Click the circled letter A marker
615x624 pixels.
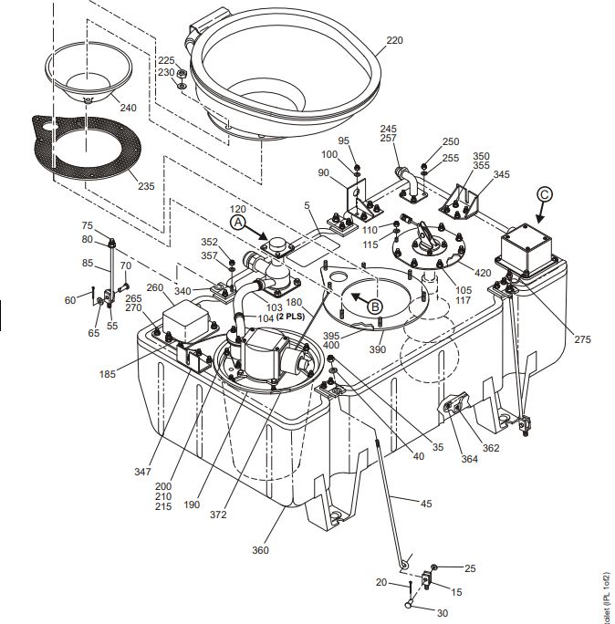(238, 221)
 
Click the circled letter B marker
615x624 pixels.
(375, 307)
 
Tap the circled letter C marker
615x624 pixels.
(545, 193)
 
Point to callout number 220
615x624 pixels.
(394, 41)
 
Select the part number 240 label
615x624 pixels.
(128, 108)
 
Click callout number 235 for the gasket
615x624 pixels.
(145, 186)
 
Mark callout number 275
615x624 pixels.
(583, 339)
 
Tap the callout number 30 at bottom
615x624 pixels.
(443, 613)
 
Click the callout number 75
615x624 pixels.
(88, 225)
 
